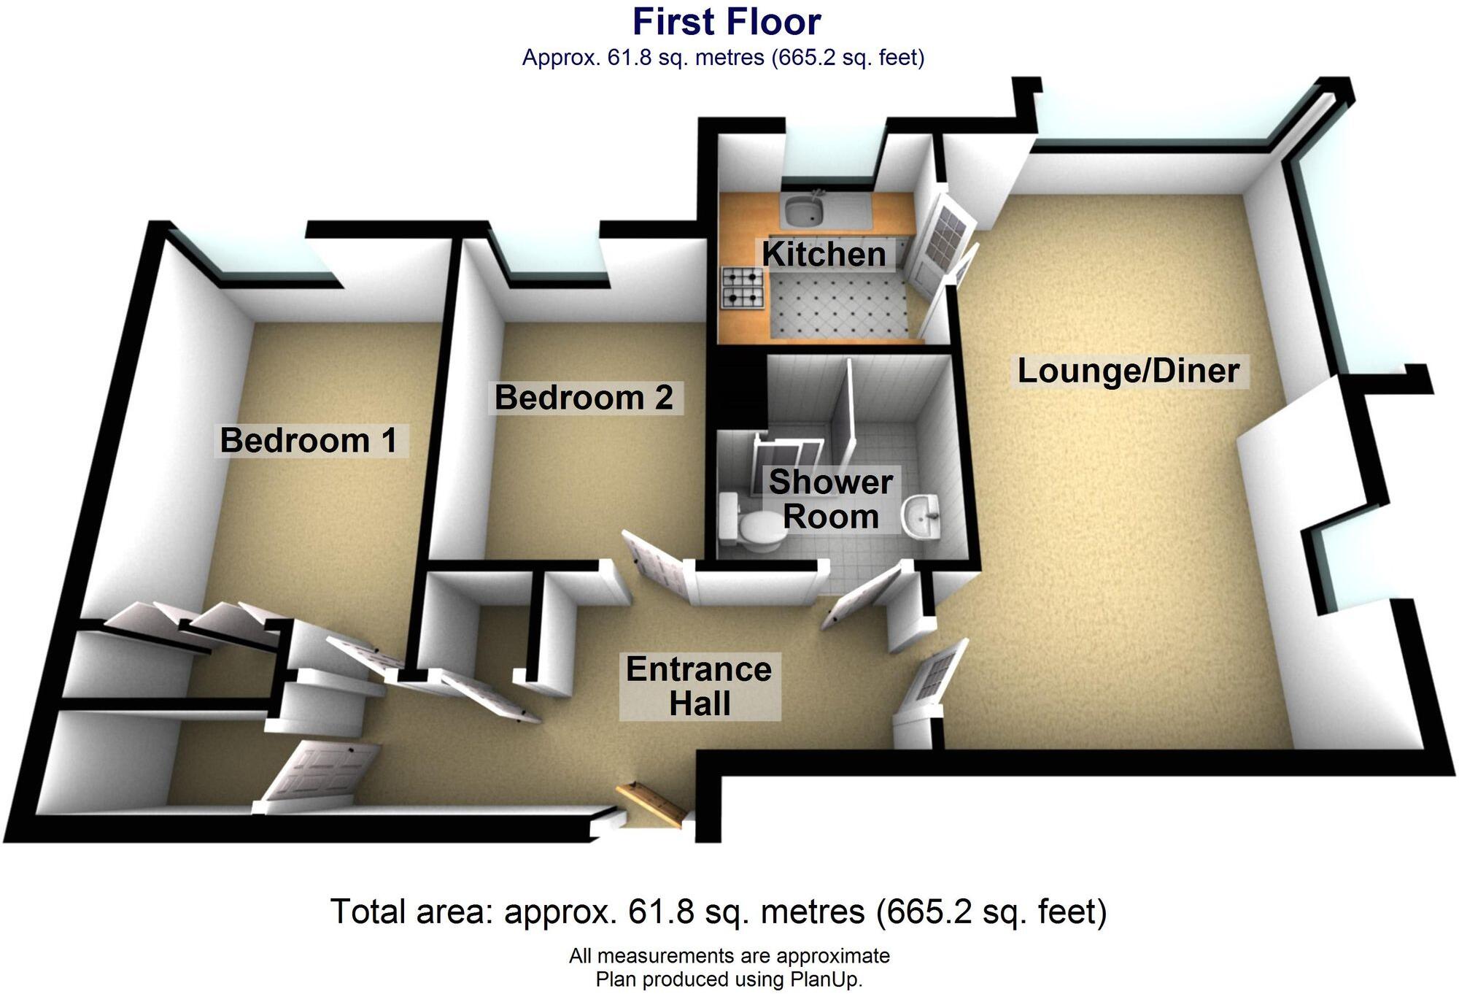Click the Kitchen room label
click(824, 254)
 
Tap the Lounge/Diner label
click(1128, 371)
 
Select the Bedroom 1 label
click(309, 440)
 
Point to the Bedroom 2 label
click(584, 398)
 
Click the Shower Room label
click(831, 499)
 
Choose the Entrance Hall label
click(699, 686)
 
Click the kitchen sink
click(804, 210)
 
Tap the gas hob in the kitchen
click(743, 288)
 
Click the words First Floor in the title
click(727, 22)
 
